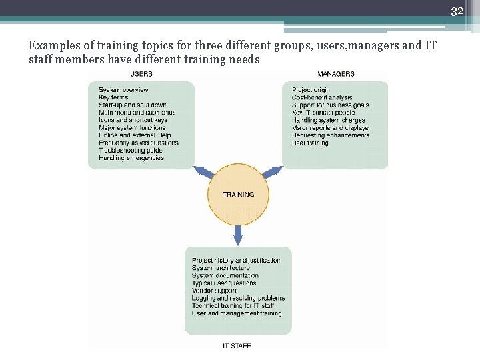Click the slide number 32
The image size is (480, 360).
tap(457, 11)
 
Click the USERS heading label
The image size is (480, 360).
tap(141, 74)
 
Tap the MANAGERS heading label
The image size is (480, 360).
tap(336, 74)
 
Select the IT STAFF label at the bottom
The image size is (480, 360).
tap(237, 345)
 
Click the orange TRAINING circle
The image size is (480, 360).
tap(238, 195)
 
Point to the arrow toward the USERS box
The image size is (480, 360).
tap(203, 172)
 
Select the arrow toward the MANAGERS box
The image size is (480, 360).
tap(273, 172)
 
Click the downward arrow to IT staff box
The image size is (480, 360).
tap(238, 235)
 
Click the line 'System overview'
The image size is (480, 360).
tap(123, 90)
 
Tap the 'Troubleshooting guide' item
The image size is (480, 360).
tap(130, 151)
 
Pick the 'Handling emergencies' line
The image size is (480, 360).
tap(131, 158)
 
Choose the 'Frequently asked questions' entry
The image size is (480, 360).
tap(138, 143)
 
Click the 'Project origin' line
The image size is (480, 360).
tap(311, 90)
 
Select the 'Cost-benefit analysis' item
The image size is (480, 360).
tap(322, 98)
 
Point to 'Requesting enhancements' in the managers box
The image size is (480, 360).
tap(330, 135)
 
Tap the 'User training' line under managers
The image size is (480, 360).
tap(310, 143)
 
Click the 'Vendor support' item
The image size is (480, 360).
tap(214, 291)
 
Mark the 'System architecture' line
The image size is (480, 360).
tap(221, 268)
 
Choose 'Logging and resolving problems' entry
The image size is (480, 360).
tap(238, 298)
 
